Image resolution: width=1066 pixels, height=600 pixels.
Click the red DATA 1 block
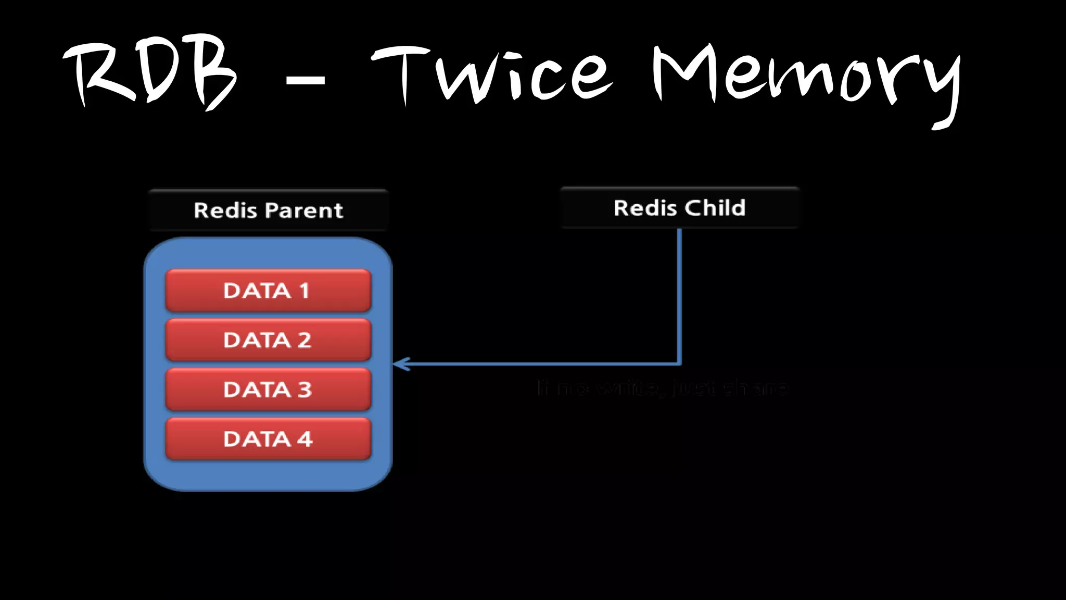click(x=268, y=291)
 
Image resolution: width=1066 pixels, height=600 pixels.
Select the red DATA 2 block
click(x=268, y=340)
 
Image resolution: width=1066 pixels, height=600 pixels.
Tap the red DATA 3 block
click(x=268, y=390)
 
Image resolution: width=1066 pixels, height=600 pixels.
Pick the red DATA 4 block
click(x=268, y=439)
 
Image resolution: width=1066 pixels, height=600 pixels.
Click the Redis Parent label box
click(x=268, y=210)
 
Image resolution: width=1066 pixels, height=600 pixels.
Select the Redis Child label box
click(x=679, y=208)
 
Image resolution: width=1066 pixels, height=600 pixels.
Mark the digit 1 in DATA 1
click(x=304, y=291)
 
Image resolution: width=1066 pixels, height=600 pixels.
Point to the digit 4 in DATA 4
click(x=305, y=439)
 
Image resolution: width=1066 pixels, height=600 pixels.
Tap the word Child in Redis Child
click(x=715, y=208)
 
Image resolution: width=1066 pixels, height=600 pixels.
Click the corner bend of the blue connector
click(x=679, y=363)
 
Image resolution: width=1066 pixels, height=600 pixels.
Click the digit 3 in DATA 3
click(x=305, y=390)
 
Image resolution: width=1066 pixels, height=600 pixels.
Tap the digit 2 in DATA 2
click(x=304, y=340)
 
